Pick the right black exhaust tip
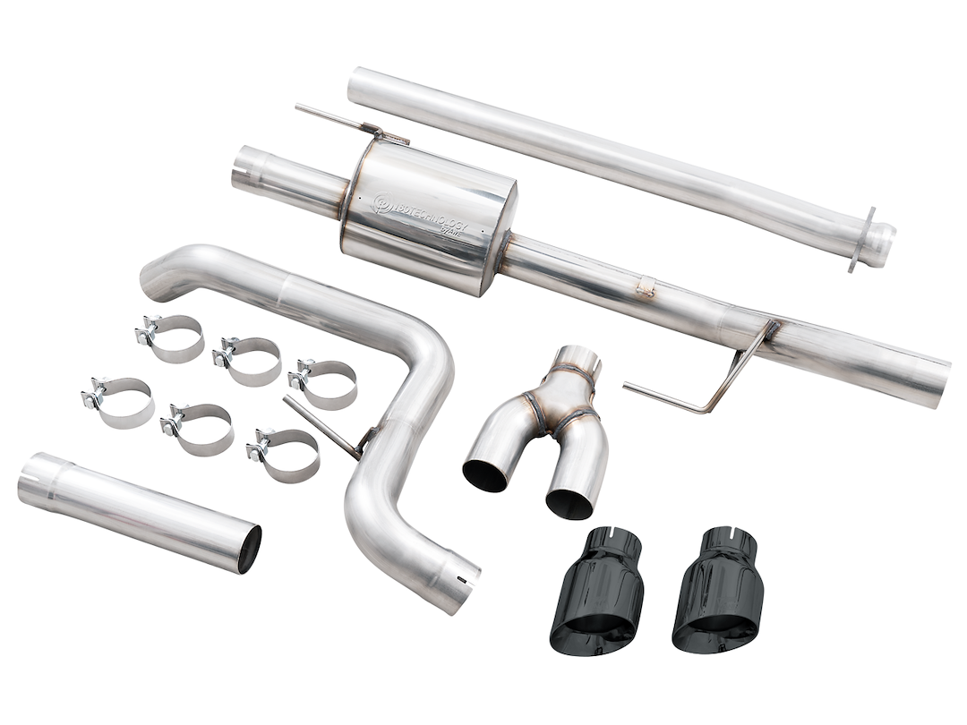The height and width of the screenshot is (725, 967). coord(718,591)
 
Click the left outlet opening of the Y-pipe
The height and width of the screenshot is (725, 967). coord(485,474)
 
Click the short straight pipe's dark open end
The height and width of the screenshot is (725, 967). coord(250,548)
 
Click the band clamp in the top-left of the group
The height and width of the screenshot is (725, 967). coord(170,337)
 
